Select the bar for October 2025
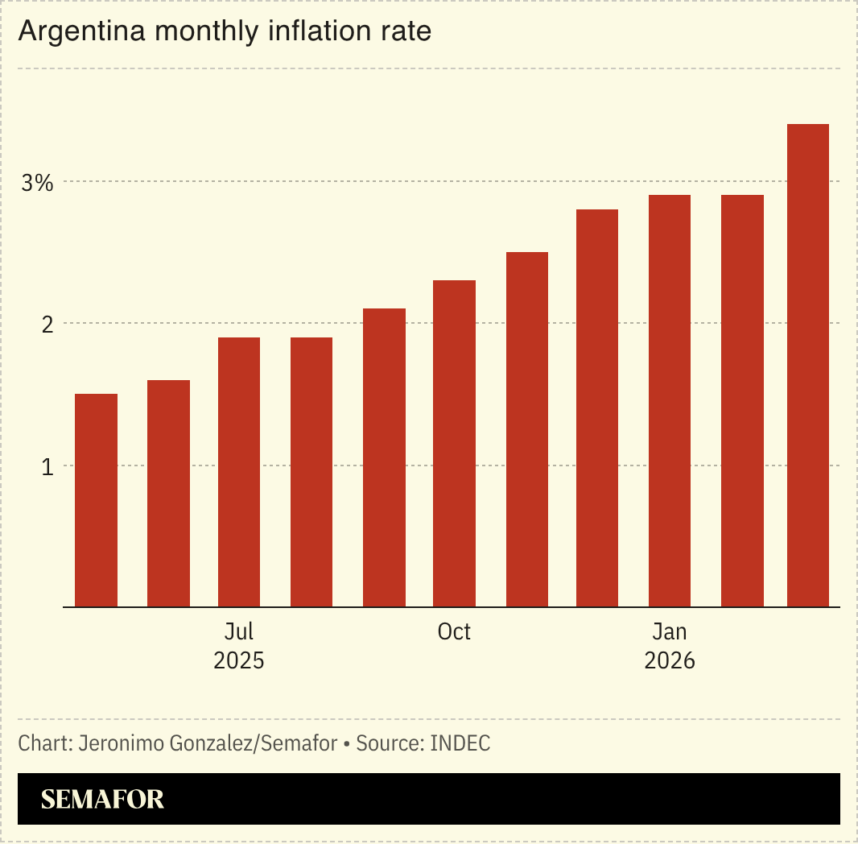point(454,444)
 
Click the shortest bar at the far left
point(96,500)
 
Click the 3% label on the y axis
point(37,183)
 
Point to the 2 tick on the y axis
point(47,325)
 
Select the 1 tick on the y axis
point(47,466)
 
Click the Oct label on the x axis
point(454,632)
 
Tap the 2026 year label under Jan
point(670,661)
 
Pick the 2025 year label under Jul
point(239,661)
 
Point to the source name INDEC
point(460,743)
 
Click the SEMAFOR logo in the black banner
point(102,800)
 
